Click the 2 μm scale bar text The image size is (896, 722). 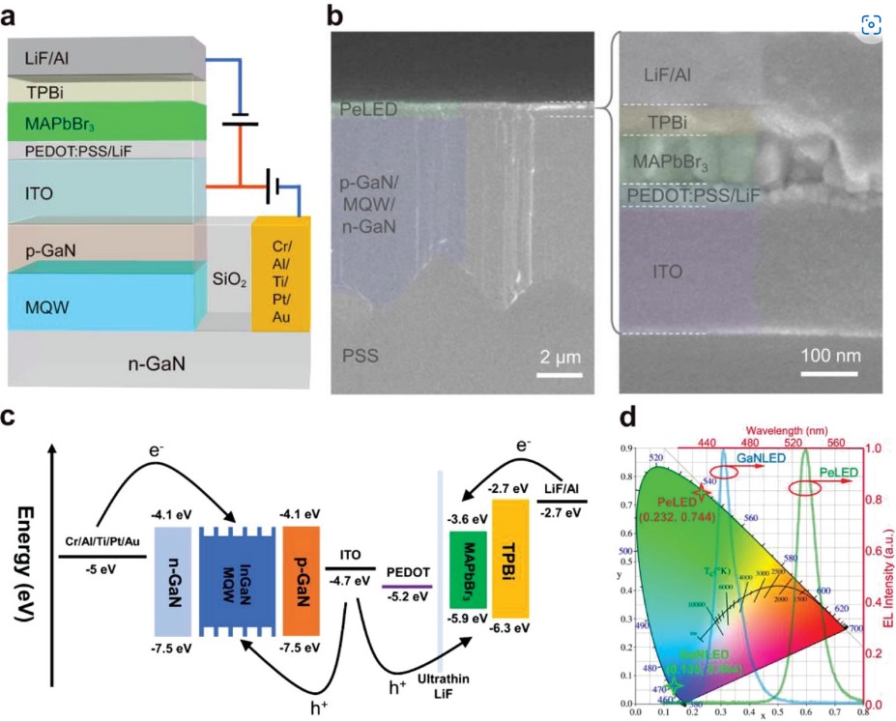coord(559,360)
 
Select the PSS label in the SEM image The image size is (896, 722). coord(359,357)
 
